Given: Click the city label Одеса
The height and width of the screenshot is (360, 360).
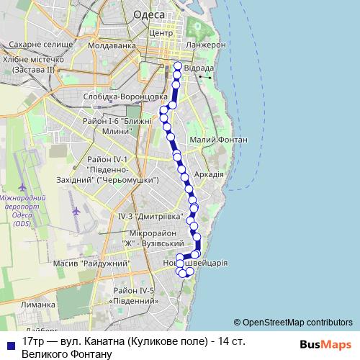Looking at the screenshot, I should tap(149, 15).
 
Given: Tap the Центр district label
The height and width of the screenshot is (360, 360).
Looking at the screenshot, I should tap(159, 32).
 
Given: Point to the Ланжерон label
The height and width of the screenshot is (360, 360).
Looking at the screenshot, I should tap(206, 45).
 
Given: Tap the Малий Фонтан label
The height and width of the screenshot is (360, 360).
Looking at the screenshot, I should tap(217, 140).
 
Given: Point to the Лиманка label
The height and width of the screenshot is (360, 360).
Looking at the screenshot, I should tap(39, 305).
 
